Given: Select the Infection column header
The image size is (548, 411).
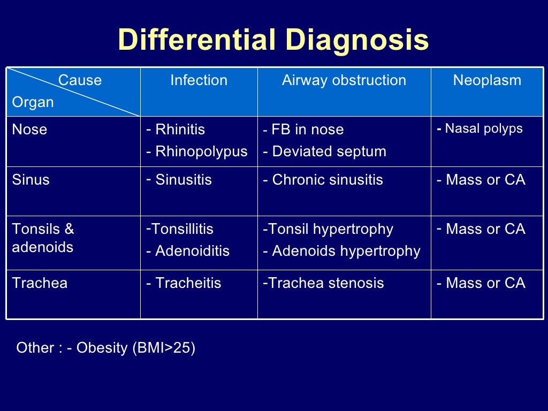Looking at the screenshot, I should (x=199, y=80).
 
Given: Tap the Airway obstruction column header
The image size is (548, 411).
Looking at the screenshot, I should (x=344, y=80).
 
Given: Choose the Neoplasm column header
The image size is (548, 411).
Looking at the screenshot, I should (x=487, y=80).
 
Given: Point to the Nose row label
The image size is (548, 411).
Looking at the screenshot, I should (x=29, y=130).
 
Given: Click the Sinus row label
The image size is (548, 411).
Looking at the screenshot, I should (x=31, y=180).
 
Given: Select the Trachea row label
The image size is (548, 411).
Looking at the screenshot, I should (x=40, y=283).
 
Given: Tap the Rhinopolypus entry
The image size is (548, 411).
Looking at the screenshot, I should (x=201, y=151).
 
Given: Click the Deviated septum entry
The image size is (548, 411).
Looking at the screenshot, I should (x=329, y=151).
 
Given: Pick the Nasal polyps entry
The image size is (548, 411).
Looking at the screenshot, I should (x=484, y=128).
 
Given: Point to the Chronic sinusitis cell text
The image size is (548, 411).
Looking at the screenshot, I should (x=328, y=180).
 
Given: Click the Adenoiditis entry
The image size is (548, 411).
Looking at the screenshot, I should (x=192, y=251).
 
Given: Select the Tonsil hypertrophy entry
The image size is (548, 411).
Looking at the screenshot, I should (x=331, y=229).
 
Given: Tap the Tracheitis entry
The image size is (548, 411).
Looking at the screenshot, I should (x=188, y=283).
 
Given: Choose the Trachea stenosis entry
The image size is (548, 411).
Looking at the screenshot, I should (x=326, y=283).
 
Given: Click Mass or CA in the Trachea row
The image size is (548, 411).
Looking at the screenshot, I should (x=485, y=283).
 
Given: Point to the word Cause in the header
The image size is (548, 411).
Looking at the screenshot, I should (x=80, y=80).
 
